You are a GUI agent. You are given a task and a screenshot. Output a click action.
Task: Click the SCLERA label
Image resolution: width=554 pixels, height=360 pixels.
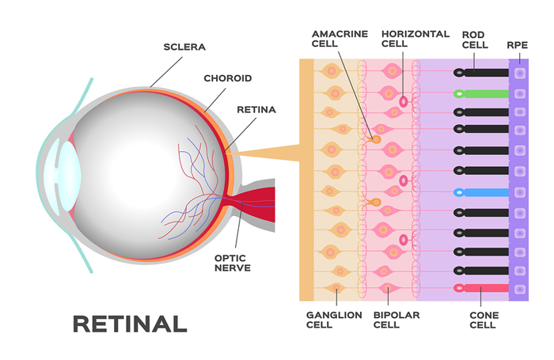click(x=184, y=47)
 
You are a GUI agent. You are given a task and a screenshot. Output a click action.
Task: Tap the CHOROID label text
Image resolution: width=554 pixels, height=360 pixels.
click(x=228, y=78)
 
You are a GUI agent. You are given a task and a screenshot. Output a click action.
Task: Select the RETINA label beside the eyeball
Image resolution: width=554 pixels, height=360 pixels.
click(x=256, y=109)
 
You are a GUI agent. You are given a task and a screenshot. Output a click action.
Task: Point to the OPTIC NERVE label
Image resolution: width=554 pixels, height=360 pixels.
click(x=233, y=263)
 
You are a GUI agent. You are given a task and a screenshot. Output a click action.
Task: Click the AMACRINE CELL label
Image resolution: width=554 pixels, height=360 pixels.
click(x=340, y=39)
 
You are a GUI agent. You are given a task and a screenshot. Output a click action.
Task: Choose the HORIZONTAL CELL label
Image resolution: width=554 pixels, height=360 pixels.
click(x=415, y=39)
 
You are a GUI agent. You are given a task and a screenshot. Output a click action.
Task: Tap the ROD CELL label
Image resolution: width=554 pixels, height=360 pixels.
click(x=475, y=40)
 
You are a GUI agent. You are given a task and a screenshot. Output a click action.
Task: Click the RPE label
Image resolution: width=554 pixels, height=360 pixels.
click(x=517, y=45)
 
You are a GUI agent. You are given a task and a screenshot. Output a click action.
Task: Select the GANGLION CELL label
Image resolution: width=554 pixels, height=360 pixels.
click(x=334, y=320)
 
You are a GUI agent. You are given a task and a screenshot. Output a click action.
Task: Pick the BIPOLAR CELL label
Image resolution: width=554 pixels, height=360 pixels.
click(x=397, y=320)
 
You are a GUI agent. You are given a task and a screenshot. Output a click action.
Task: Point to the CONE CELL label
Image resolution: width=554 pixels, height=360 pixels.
click(x=484, y=320)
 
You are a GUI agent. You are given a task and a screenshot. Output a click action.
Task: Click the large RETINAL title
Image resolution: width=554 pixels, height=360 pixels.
click(x=130, y=324)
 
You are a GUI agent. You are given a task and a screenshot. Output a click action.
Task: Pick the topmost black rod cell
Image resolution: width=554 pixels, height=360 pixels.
click(x=481, y=73)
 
